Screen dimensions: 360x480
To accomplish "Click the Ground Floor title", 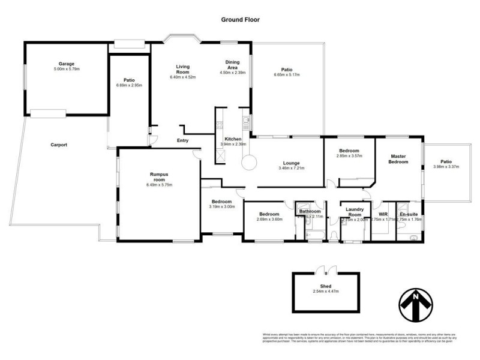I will (239, 19).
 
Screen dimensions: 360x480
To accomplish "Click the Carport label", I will (58, 145).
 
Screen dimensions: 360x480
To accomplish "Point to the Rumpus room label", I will (159, 177).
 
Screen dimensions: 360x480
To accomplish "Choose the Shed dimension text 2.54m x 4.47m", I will (326, 292).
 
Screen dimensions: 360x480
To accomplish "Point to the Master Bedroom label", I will (398, 159).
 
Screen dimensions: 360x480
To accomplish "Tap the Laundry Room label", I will (354, 211).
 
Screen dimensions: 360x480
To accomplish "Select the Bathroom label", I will (311, 211).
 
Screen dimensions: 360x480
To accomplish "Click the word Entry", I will (182, 141).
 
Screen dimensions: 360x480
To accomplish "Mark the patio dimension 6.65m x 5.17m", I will (286, 75).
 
